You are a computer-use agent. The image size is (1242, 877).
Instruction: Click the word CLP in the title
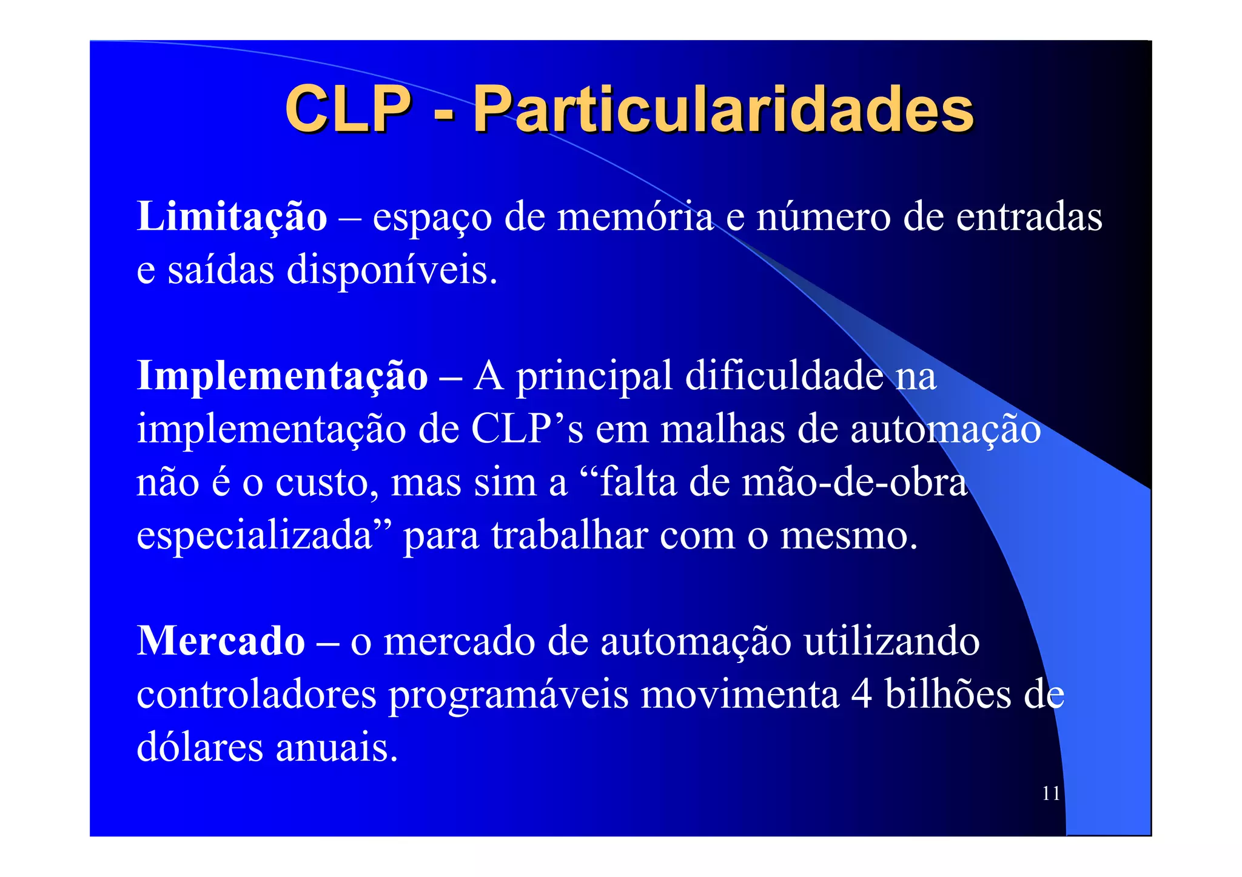[x=348, y=109]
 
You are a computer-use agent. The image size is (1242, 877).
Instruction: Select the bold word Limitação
[x=232, y=216]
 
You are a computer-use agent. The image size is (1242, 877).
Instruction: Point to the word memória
[x=635, y=216]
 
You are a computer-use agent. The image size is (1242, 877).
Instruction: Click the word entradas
[x=1029, y=216]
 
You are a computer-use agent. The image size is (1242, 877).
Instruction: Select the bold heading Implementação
[x=283, y=376]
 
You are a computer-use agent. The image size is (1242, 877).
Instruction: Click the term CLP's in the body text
[x=527, y=429]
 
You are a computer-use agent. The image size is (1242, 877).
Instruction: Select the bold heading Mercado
[x=221, y=641]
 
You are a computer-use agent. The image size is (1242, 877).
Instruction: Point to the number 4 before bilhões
[x=861, y=695]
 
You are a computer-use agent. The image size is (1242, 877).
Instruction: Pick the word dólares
[x=200, y=747]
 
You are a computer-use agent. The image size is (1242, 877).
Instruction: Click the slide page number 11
[x=1051, y=793]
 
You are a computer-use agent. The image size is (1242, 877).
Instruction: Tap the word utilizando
[x=891, y=641]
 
